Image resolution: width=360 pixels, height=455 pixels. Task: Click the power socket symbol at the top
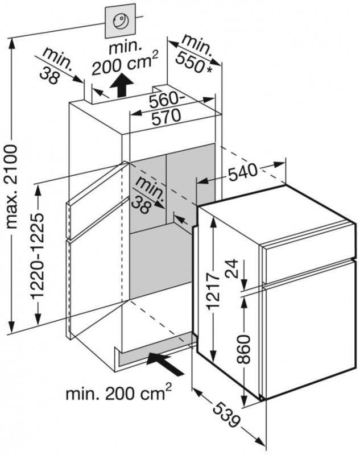click(121, 22)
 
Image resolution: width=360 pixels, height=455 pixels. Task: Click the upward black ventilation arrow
click(119, 87)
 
